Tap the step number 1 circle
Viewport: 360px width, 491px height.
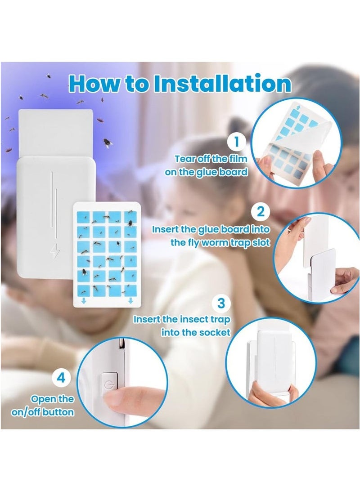[236, 143]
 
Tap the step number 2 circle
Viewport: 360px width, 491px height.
[260, 211]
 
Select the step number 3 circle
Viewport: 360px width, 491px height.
[220, 303]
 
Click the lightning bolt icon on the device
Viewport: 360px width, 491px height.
[54, 252]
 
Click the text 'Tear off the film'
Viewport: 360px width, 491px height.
[211, 158]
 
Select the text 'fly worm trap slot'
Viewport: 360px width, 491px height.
[220, 242]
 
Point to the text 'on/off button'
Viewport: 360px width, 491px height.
[43, 412]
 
